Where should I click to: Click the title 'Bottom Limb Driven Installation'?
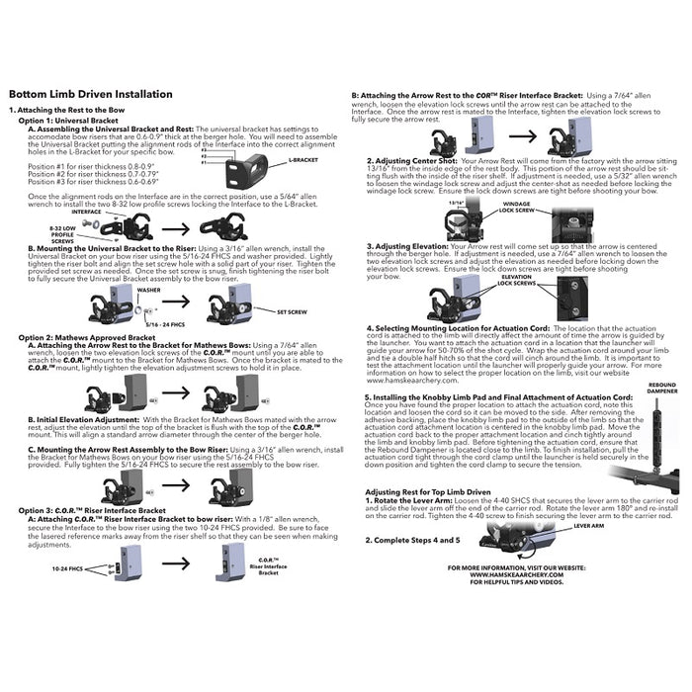click(x=90, y=95)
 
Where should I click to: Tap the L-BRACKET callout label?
click(x=303, y=159)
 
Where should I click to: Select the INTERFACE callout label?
click(x=86, y=211)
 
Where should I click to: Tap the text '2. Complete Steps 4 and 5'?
click(x=412, y=541)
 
